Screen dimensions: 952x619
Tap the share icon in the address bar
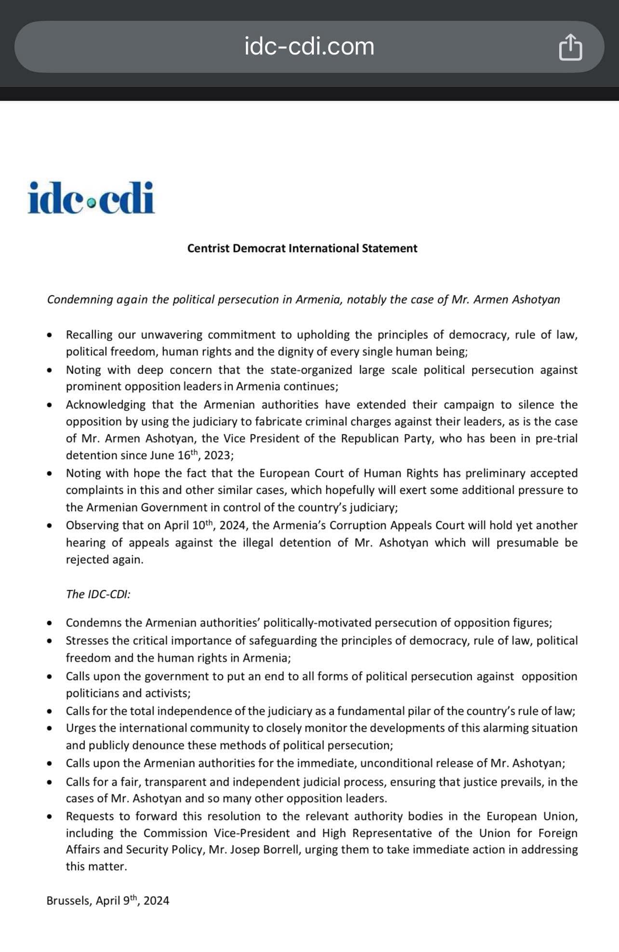pos(570,47)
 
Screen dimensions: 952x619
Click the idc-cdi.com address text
pos(309,47)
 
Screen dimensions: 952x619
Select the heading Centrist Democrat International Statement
pos(302,248)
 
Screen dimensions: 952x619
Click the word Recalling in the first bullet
pos(89,335)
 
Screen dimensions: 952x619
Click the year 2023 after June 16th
pos(217,455)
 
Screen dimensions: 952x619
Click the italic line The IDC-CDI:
pos(98,594)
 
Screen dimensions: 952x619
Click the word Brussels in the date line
pos(68,901)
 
